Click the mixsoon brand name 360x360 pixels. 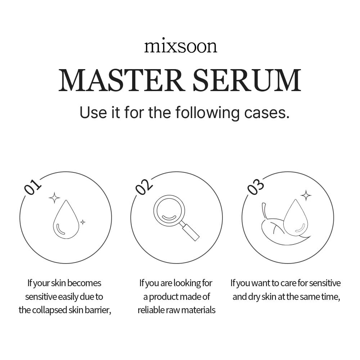point(181,46)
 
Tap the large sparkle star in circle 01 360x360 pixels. point(54,198)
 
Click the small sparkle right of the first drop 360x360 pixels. point(82,222)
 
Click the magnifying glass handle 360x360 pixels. point(191,231)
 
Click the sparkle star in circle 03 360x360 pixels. point(306,195)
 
